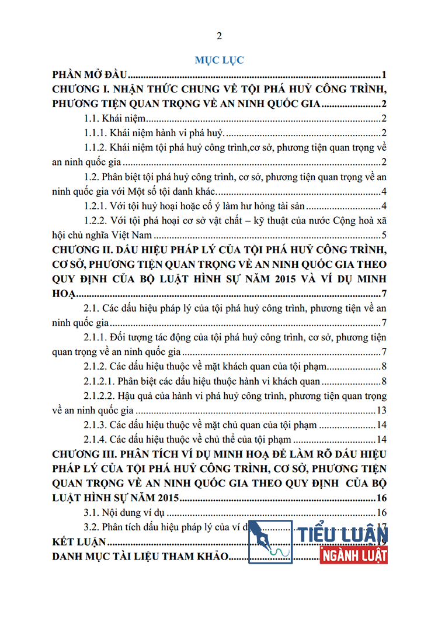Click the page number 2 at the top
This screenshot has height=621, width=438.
click(x=219, y=36)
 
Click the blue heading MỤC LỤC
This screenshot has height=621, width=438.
click(x=219, y=60)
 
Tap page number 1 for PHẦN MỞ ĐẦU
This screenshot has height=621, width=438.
click(x=384, y=75)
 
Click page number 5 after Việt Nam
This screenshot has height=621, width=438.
click(x=384, y=235)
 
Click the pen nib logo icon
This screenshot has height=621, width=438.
click(x=270, y=541)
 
